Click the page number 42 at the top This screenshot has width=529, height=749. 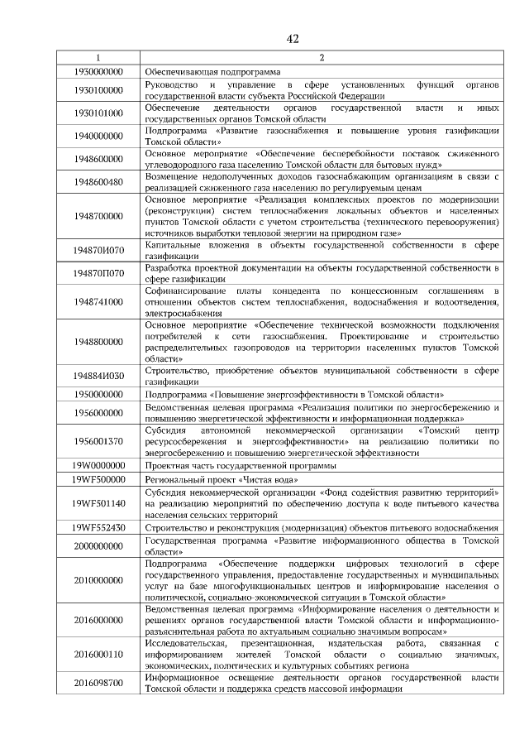coord(292,39)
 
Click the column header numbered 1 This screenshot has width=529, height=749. coord(98,58)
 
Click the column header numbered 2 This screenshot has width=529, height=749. coord(321,58)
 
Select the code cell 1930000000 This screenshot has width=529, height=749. coord(98,72)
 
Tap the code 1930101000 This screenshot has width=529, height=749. coord(98,113)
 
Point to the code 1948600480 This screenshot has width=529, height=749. coord(98,181)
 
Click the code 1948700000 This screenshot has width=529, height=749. coord(98,216)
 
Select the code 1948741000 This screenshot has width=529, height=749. coord(98,302)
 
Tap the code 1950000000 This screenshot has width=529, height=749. coord(98,395)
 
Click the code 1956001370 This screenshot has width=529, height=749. coord(98,441)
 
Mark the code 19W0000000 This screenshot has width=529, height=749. coord(98,465)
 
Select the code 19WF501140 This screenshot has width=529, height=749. coord(98,502)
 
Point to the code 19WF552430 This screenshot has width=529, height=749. coord(98,526)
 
